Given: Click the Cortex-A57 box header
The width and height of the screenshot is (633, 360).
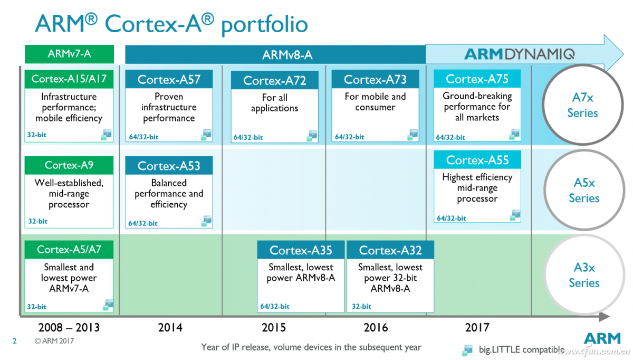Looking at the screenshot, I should [x=169, y=79].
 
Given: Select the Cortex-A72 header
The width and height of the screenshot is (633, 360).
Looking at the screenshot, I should [x=274, y=81].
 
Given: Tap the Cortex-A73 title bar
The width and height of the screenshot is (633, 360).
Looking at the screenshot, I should [x=375, y=79].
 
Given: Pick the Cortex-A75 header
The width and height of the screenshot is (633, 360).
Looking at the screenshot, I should [x=477, y=79].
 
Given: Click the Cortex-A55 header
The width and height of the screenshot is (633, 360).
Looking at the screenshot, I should [x=477, y=160].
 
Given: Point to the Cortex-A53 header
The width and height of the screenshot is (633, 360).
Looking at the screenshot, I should [x=169, y=166].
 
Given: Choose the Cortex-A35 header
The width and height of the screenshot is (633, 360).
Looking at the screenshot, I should [x=301, y=250].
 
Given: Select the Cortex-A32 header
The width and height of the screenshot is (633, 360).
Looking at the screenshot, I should [x=390, y=250].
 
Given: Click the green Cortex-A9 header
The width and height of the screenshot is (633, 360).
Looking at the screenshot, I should [x=69, y=165].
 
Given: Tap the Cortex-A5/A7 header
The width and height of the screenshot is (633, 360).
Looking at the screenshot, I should [x=69, y=250].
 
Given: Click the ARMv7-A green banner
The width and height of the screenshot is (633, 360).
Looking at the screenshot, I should [x=69, y=54].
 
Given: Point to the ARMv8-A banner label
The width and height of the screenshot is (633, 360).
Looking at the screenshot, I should [x=287, y=54].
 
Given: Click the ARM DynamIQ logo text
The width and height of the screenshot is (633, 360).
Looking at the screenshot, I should [x=519, y=54].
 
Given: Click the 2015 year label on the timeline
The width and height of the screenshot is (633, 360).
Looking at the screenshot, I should [x=274, y=328].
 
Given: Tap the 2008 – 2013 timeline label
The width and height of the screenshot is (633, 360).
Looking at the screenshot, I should [x=69, y=328].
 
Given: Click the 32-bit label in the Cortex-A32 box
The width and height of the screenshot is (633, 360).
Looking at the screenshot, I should [x=361, y=306].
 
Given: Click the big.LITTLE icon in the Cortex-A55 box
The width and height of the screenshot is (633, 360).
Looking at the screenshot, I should [x=515, y=215].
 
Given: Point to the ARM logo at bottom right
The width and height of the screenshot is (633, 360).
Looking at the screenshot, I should [x=598, y=338].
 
